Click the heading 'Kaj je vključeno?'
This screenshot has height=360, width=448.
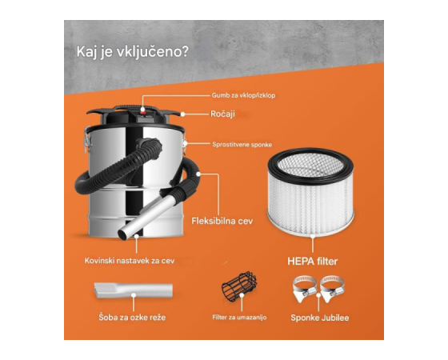tap(133, 53)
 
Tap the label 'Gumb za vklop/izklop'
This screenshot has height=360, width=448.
tap(243, 95)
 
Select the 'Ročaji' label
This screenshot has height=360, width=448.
tap(222, 114)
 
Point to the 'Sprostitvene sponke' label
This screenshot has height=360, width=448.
tap(242, 145)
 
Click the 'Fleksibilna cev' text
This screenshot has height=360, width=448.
tap(222, 221)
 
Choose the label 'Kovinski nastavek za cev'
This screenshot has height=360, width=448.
tap(130, 261)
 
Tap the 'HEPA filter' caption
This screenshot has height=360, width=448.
tap(313, 262)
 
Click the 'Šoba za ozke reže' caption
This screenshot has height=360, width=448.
tap(132, 318)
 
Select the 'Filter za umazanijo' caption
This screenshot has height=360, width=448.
tap(239, 318)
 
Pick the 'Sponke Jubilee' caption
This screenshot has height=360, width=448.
tap(320, 318)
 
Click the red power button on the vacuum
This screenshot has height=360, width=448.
tap(143, 110)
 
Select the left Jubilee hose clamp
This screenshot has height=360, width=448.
tap(305, 289)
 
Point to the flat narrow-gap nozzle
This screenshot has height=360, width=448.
tap(133, 290)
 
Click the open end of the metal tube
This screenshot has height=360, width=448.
tap(124, 234)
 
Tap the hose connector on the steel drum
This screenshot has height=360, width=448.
tap(150, 148)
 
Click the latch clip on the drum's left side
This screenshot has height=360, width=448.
tap(87, 141)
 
